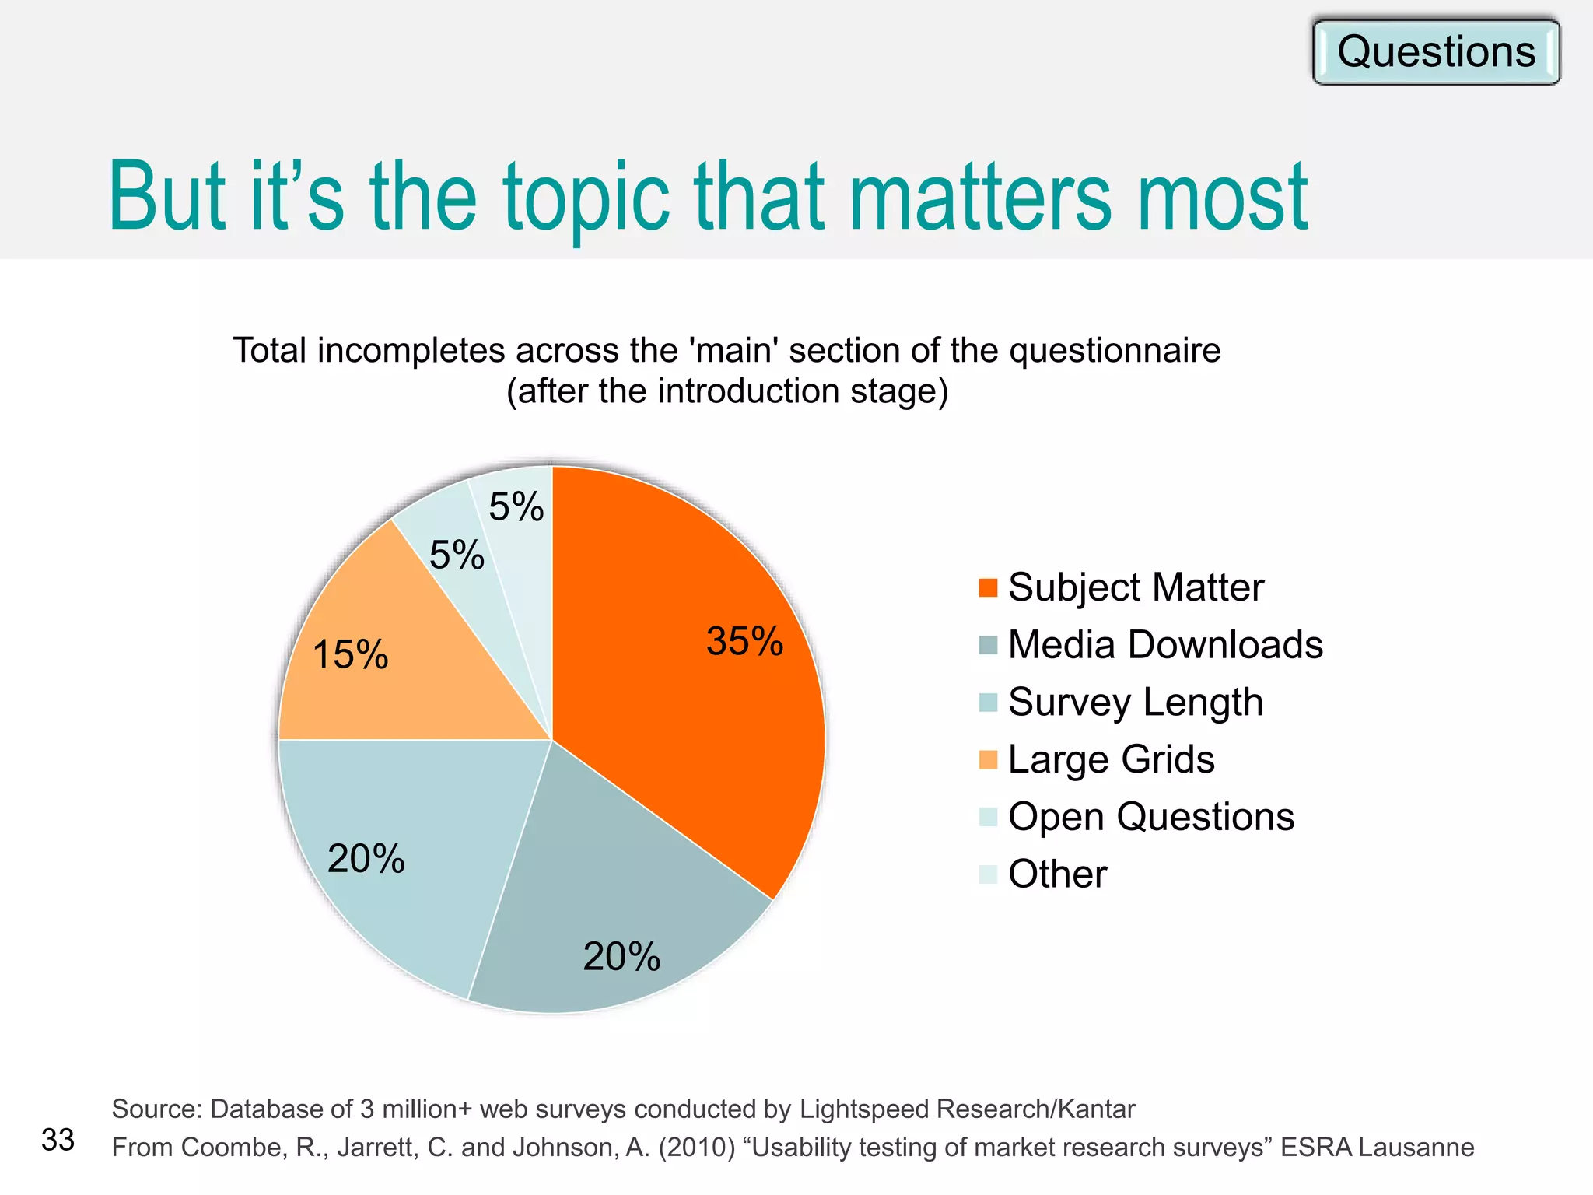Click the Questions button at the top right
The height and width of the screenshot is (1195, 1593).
pos(1436,52)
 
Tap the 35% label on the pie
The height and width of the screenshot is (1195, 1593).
pos(744,642)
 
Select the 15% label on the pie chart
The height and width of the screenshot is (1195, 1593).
pos(350,654)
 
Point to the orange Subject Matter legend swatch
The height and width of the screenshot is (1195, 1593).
pos(988,587)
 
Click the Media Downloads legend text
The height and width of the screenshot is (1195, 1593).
pos(1165,645)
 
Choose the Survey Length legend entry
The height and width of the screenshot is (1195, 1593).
pos(1135,703)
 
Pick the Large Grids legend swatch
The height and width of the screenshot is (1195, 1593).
pos(988,759)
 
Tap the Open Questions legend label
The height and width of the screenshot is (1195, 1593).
pos(1150,817)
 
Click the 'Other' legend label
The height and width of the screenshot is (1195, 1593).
pos(1057,874)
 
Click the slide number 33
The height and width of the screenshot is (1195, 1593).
pos(58,1140)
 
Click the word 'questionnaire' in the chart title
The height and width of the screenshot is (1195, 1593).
pos(1115,351)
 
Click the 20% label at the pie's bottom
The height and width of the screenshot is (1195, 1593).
pos(621,956)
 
